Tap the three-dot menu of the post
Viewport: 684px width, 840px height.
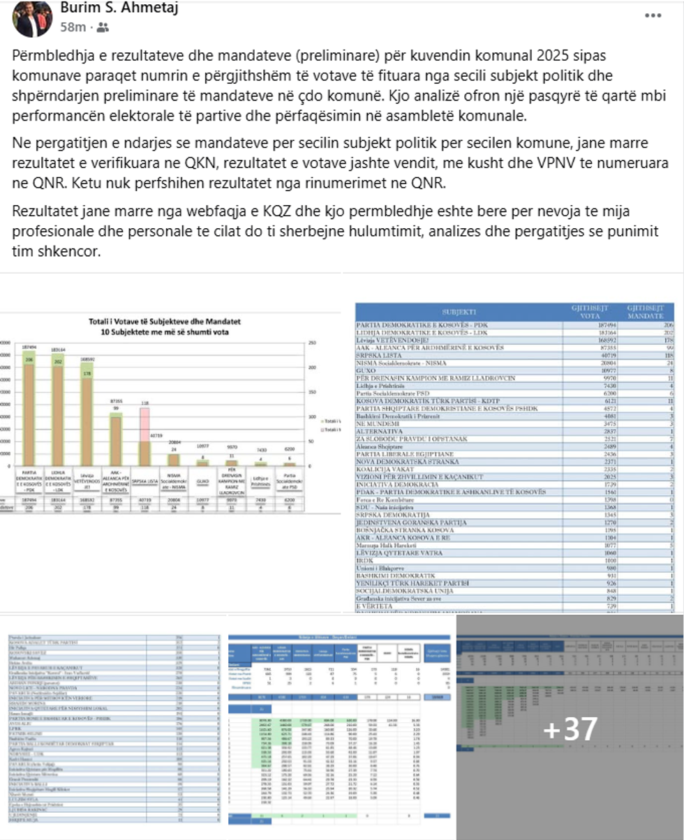click(653, 15)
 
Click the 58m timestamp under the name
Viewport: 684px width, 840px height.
click(73, 27)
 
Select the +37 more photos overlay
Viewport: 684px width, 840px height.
click(570, 728)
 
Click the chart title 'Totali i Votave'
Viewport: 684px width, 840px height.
click(164, 322)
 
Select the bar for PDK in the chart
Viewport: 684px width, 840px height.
click(30, 412)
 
